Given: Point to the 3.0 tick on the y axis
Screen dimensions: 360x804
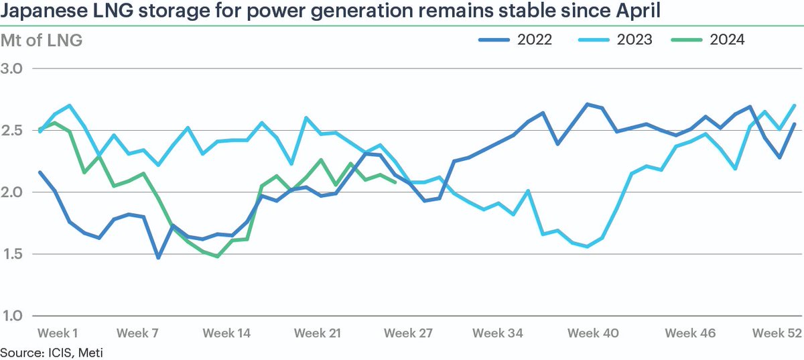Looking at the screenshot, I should (x=13, y=68).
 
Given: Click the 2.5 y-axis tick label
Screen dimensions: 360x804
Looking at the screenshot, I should (x=13, y=130).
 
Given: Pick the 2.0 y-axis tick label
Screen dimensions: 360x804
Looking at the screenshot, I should (x=13, y=192).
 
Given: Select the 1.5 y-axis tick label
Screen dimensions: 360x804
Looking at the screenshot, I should (x=13, y=254).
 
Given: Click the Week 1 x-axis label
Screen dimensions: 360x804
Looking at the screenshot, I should (x=58, y=333).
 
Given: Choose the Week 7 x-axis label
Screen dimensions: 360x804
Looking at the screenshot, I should (x=139, y=333).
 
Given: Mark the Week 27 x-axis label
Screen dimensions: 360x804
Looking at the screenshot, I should (x=409, y=333).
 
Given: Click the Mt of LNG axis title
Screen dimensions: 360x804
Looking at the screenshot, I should (x=42, y=40).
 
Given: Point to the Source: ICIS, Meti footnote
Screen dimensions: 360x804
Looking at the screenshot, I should (x=52, y=351).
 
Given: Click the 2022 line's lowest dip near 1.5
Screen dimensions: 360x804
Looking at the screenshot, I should (x=158, y=257).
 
